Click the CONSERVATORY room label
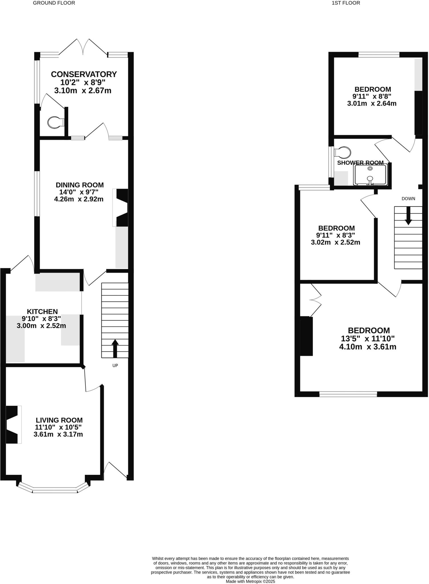[x=84, y=74]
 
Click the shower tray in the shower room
[x=370, y=175]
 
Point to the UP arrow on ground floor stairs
[x=115, y=348]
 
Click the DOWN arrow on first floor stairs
[x=408, y=215]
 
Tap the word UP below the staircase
[x=115, y=366]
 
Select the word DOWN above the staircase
[x=408, y=199]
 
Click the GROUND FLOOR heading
[x=54, y=3]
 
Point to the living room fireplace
[x=13, y=424]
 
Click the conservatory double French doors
[x=83, y=47]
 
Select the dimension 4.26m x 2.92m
[x=79, y=199]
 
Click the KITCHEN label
[x=42, y=312]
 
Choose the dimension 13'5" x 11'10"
[x=368, y=339]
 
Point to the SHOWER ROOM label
[x=360, y=163]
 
